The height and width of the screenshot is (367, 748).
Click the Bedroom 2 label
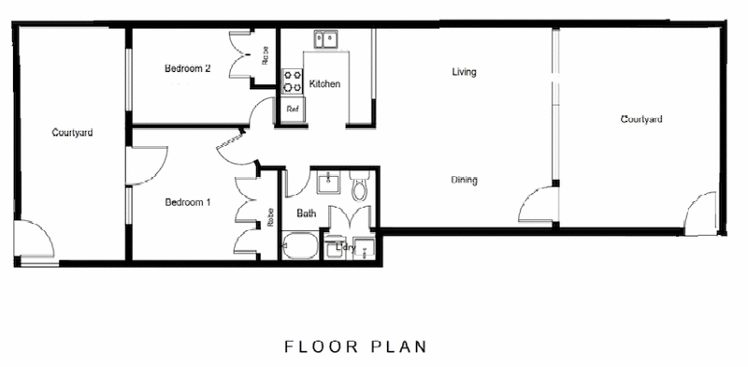[188, 68]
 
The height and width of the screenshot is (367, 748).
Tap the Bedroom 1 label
[188, 202]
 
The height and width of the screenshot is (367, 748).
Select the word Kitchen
[324, 84]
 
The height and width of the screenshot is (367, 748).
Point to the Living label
[464, 72]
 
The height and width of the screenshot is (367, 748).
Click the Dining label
[464, 180]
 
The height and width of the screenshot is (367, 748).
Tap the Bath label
[307, 213]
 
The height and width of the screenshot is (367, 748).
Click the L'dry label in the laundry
[346, 247]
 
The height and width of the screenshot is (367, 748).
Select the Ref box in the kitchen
[293, 109]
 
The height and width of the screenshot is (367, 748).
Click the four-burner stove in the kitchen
[293, 81]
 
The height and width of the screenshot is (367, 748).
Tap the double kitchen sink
[325, 39]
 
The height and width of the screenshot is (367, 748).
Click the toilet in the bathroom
[359, 186]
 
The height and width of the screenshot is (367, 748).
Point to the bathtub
[300, 245]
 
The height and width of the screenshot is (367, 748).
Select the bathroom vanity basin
[329, 183]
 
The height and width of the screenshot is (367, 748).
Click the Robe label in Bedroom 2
[266, 55]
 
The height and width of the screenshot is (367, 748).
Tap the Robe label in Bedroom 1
[270, 217]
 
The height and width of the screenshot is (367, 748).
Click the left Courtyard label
[73, 133]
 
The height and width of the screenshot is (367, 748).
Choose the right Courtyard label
[641, 120]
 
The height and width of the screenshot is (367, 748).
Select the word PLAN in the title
[398, 346]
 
